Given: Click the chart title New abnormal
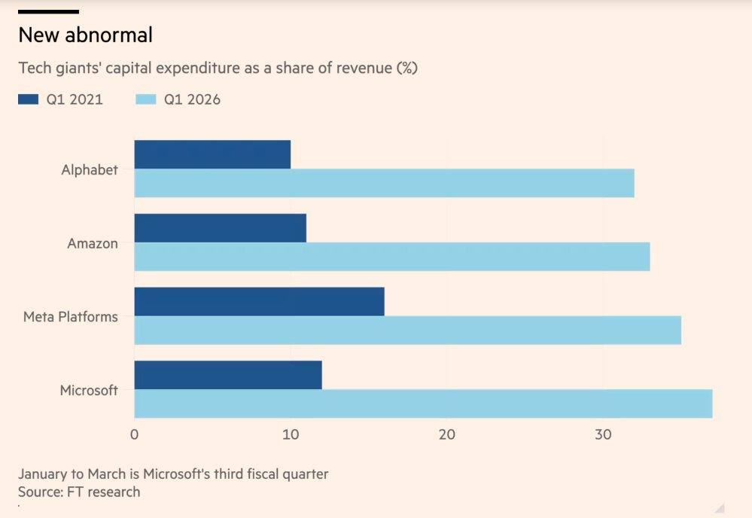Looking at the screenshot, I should click(85, 35).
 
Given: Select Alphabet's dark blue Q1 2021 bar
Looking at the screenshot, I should click(212, 154).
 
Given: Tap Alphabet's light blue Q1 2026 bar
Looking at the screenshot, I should click(384, 183).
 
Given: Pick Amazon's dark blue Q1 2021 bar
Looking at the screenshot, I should click(220, 228).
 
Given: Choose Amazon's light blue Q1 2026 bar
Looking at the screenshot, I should click(391, 257).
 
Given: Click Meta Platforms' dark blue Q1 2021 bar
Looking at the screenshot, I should click(259, 301).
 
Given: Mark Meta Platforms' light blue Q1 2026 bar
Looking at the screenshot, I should click(407, 331).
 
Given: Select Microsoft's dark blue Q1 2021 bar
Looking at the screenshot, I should click(228, 375).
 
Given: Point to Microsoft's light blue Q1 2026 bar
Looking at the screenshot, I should click(423, 404).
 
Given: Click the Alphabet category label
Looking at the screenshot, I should click(90, 169).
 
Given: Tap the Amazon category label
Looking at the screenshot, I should click(93, 243).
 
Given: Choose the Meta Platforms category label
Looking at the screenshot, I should click(71, 317).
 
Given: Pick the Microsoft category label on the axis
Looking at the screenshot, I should click(89, 390).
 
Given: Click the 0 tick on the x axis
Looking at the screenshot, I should click(134, 434).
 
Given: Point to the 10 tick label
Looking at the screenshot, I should click(290, 434).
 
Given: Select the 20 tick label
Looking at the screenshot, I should click(446, 434).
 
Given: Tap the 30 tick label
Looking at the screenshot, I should click(602, 434).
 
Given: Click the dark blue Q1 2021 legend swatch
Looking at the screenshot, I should click(28, 99).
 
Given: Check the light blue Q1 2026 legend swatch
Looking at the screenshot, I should click(145, 99).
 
